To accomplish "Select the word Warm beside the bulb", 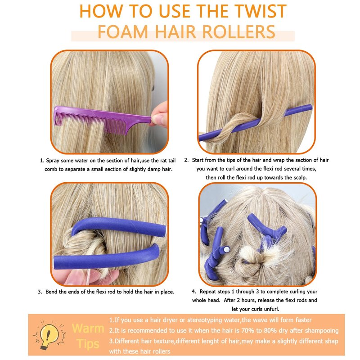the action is (88, 328).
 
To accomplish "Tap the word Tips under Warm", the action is (88, 344).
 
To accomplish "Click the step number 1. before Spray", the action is (42, 161).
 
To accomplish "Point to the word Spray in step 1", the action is (53, 161).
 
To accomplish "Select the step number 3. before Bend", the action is (40, 292).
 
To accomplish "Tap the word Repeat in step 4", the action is (207, 292).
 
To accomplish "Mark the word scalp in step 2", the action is (299, 178).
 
